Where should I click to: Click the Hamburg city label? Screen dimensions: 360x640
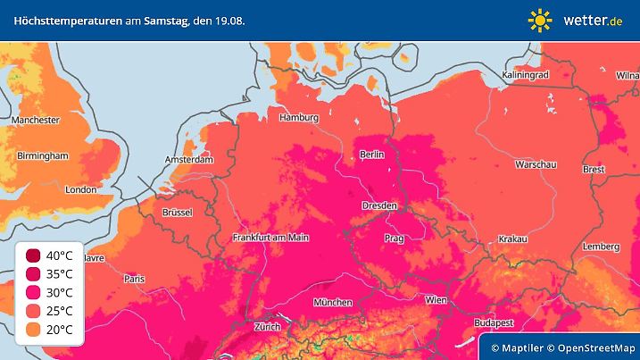coord(299,117)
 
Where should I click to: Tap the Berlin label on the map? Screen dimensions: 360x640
coord(371,155)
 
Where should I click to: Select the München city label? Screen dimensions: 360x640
coord(332,303)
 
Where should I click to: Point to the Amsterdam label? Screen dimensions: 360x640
coord(188,160)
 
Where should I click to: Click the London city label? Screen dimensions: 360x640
coord(80,189)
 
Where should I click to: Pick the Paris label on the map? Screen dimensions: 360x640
coord(134,279)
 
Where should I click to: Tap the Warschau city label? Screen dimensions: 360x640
coord(536,165)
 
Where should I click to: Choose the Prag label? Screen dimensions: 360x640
coord(395,239)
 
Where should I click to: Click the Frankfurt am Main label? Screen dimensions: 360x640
coord(270,238)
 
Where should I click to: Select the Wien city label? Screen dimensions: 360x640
coord(436,299)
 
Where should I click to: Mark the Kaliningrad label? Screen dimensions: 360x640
coord(525,75)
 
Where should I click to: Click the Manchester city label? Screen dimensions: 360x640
coord(36,120)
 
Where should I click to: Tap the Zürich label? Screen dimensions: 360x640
coord(267,326)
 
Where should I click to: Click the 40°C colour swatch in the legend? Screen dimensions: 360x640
coord(34,255)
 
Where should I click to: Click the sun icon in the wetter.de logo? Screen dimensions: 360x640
coord(540,19)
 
